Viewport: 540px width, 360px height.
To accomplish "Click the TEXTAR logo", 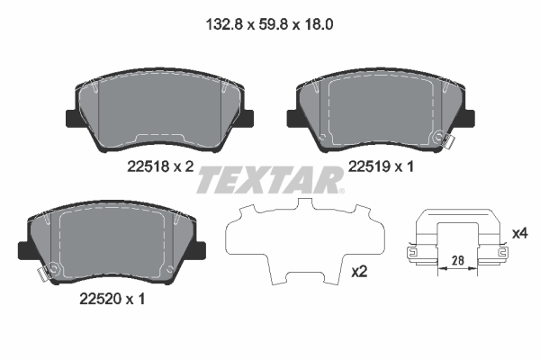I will coord(269,180).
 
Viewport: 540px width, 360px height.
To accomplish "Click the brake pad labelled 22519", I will coord(378,108).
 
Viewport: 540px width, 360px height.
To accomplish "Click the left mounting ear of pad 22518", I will coord(70,117).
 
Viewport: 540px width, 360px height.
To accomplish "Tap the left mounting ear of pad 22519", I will coord(292,117).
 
